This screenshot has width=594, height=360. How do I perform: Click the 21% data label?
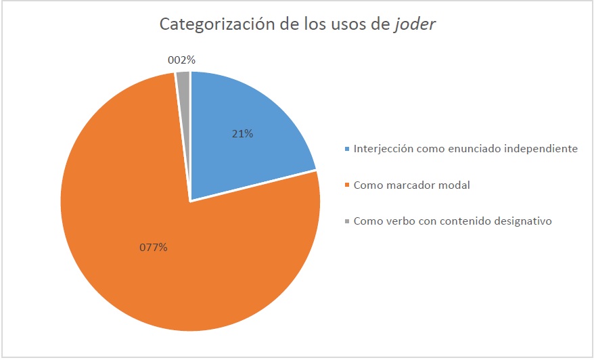[242, 133]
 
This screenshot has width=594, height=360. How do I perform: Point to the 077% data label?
[154, 247]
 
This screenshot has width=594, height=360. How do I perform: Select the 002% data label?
[181, 60]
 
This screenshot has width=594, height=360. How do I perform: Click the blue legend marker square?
[348, 149]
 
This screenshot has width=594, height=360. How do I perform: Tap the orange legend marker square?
[348, 185]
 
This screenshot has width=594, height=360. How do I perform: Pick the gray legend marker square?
[348, 221]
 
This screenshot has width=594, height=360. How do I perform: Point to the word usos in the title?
[348, 24]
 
